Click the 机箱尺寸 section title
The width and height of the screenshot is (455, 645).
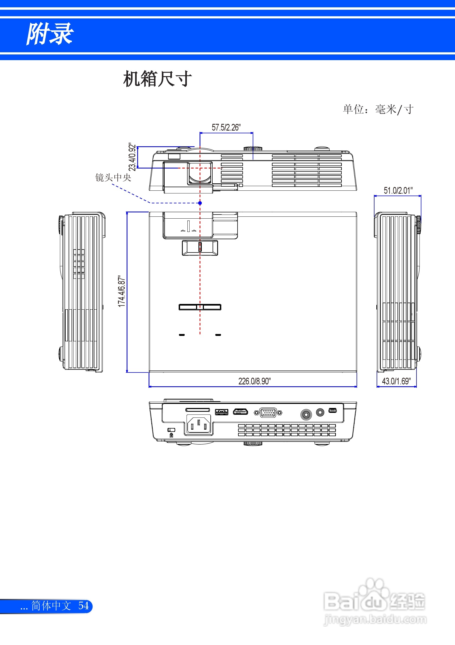(158, 79)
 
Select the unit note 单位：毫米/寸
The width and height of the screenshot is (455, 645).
(378, 109)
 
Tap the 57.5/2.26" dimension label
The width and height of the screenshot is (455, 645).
(226, 128)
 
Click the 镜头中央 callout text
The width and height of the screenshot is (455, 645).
(113, 177)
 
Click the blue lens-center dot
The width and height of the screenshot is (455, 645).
(200, 203)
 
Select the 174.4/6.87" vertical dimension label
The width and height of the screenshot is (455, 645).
(121, 291)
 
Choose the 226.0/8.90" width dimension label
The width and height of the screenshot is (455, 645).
(255, 381)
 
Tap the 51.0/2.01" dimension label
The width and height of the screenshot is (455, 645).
(398, 190)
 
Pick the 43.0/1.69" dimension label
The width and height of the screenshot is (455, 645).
(396, 381)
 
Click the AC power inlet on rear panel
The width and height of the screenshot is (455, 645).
(198, 425)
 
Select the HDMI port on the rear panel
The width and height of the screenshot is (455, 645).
(241, 412)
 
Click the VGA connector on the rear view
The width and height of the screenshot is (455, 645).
(268, 413)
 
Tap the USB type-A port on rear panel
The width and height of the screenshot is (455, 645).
(222, 412)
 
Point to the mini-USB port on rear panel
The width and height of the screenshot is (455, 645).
(333, 410)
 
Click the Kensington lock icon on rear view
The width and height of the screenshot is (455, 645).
(172, 435)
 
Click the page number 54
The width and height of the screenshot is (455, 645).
(84, 605)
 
